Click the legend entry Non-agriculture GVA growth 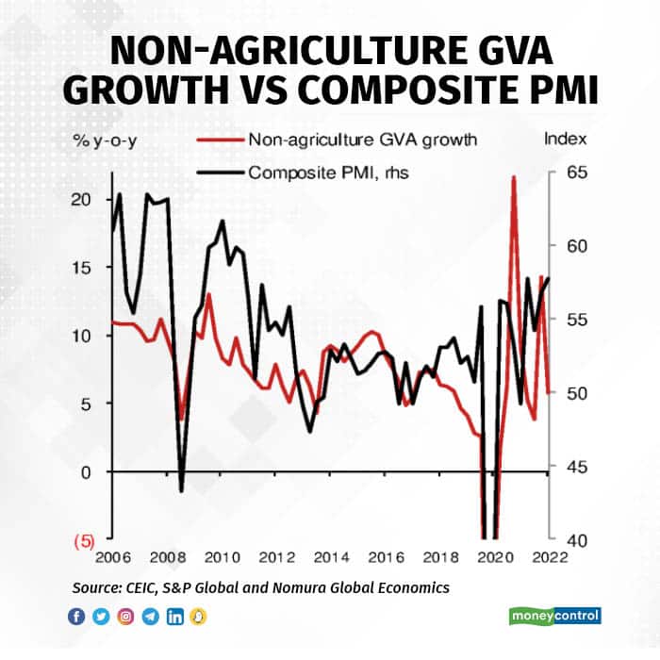tap(362, 140)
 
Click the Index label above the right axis tap(566, 140)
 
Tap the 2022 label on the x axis tap(549, 556)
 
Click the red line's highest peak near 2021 tap(514, 177)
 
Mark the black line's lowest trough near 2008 tap(181, 491)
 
